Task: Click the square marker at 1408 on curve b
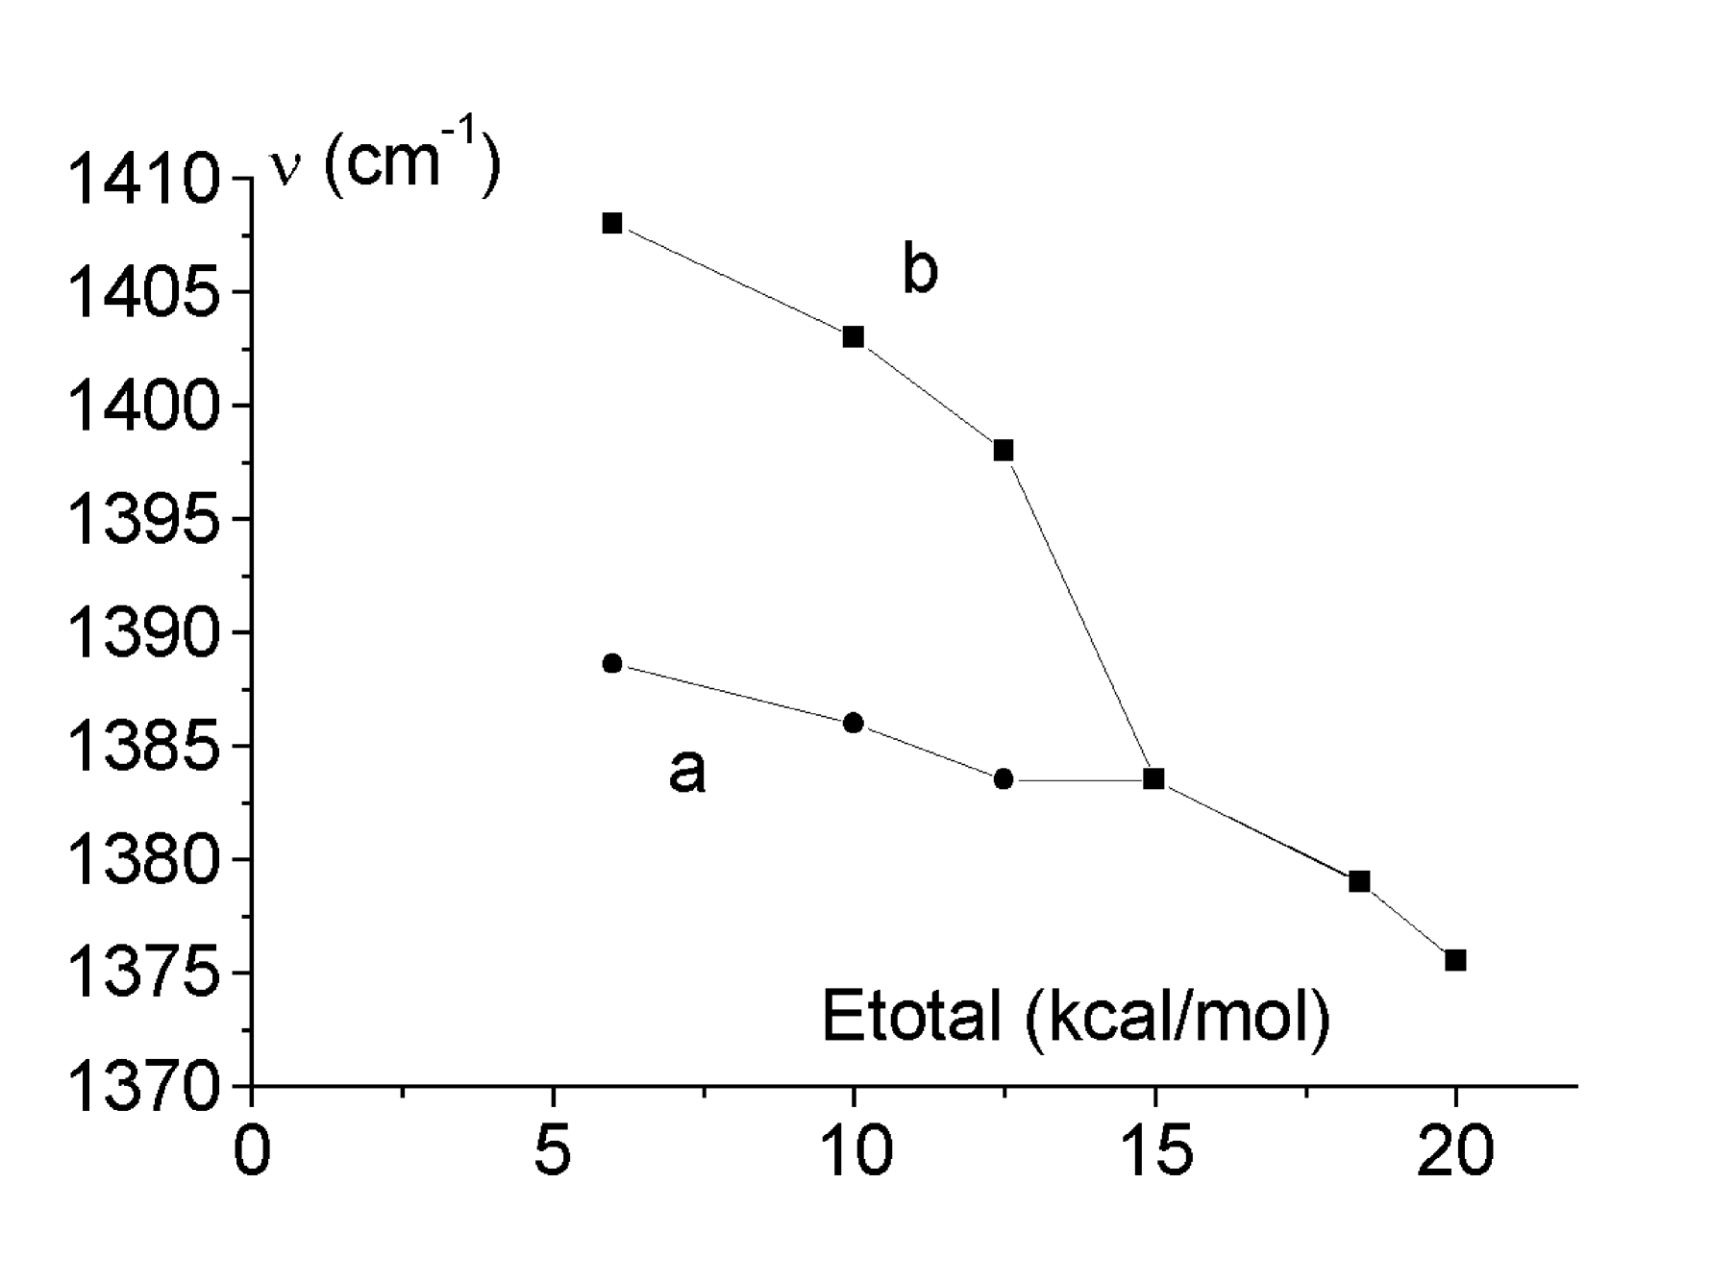click(x=612, y=223)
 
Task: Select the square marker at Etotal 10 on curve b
click(x=853, y=337)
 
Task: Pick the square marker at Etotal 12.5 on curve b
click(x=1003, y=451)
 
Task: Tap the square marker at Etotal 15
click(x=1153, y=779)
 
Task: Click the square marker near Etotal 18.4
click(x=1359, y=881)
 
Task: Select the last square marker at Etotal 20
click(x=1455, y=960)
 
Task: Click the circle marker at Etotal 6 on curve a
click(x=612, y=664)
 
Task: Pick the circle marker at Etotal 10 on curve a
click(x=853, y=723)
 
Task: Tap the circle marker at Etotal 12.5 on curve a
click(x=1003, y=779)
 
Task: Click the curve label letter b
click(x=919, y=269)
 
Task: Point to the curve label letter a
click(x=686, y=770)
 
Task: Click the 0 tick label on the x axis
click(x=252, y=1150)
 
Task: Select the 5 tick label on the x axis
click(x=553, y=1150)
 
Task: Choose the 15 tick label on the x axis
click(x=1155, y=1150)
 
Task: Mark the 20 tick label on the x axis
click(x=1455, y=1150)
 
